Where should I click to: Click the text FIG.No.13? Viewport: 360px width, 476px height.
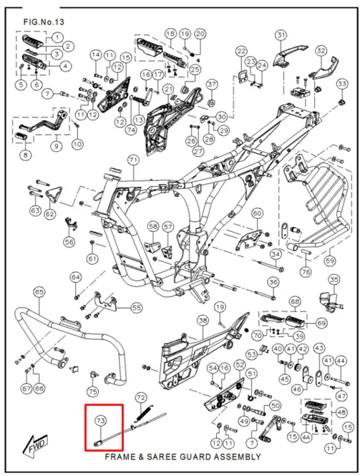point(44,22)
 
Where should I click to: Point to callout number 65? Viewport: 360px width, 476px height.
point(39,292)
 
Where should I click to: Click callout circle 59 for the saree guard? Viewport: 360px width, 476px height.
point(330,261)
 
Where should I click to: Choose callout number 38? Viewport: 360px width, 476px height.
point(203,321)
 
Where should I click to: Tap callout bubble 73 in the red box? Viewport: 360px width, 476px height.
point(101,420)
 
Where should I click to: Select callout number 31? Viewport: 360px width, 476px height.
point(281,36)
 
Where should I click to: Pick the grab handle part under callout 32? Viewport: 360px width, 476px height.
point(324,69)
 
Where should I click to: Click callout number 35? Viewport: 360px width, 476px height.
point(334,280)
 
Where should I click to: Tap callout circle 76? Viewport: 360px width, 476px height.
point(306,272)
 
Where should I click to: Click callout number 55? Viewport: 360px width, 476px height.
point(136,308)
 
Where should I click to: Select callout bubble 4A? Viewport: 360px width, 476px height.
point(306,437)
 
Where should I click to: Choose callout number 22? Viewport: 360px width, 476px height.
point(241,52)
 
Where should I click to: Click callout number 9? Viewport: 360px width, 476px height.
point(57,146)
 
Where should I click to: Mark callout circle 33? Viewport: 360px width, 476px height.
point(342,84)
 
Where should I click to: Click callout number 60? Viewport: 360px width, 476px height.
point(257,214)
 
